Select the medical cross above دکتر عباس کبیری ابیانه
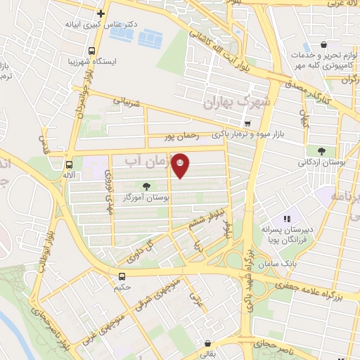(101, 13)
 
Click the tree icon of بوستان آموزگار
(146, 186)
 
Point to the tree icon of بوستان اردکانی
(321, 150)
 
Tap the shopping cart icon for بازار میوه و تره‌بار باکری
(247, 123)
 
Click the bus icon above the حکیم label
(122, 276)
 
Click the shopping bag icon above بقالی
(208, 344)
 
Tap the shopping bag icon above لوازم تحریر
(325, 44)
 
